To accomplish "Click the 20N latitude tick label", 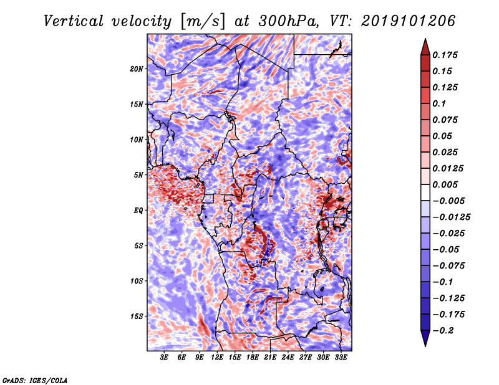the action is click(137, 69).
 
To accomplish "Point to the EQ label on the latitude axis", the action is click(138, 211).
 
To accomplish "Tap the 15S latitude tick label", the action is click(137, 316).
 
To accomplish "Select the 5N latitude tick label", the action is click(138, 175).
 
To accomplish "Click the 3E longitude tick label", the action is click(164, 358).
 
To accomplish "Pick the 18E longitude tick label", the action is click(253, 358).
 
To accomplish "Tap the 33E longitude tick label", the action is click(341, 358).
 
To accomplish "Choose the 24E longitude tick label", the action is click(288, 358).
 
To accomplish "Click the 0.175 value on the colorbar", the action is click(445, 55).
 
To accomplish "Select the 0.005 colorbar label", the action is click(445, 184).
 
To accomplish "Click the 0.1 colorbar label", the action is click(439, 103).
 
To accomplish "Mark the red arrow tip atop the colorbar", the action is click(425, 39).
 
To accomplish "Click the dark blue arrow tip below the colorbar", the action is click(425, 346).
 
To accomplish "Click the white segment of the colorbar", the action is click(425, 192).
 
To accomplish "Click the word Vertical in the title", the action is click(74, 21).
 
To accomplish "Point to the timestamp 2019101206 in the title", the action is click(409, 21).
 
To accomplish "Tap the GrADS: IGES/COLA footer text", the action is click(35, 380).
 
